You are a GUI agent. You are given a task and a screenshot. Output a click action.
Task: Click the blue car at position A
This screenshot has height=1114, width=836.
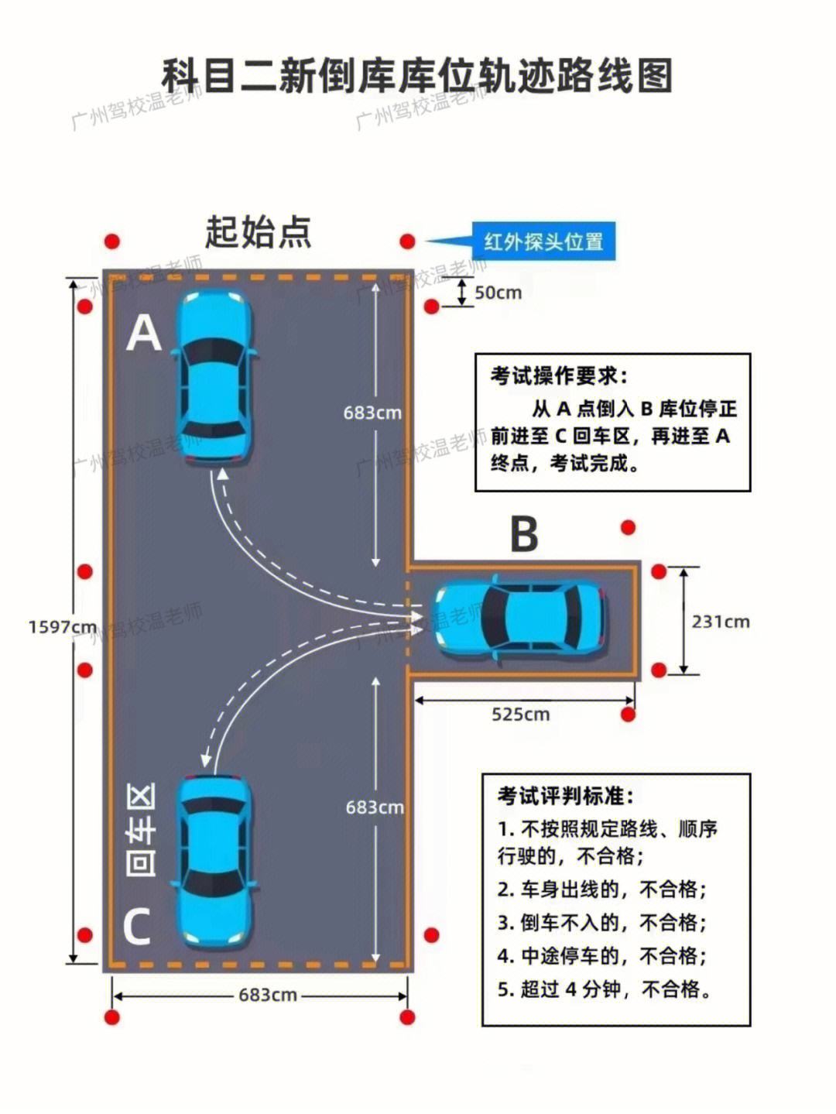point(214,376)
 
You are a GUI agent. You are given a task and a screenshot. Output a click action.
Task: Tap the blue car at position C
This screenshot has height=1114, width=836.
point(214,862)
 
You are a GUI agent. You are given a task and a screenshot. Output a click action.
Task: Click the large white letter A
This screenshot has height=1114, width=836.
point(143,332)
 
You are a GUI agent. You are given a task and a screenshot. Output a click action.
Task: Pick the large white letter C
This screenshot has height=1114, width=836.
point(138,926)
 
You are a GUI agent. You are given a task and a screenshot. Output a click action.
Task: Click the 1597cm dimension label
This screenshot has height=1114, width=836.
point(63,627)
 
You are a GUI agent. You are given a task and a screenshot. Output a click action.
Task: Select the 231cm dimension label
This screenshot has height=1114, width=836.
point(721,622)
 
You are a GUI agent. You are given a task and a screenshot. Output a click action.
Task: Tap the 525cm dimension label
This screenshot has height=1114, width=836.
point(520,715)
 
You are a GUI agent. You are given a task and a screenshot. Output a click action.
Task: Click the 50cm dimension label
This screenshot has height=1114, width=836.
point(498,293)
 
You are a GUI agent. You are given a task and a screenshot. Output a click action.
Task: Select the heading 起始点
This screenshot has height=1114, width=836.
point(258,232)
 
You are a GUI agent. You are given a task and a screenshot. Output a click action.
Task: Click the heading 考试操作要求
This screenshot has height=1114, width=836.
point(559,376)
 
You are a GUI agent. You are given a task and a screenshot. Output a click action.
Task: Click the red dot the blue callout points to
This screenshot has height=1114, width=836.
point(407,242)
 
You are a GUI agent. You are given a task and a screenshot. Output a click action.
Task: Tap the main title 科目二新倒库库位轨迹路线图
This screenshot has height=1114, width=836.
point(417,76)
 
